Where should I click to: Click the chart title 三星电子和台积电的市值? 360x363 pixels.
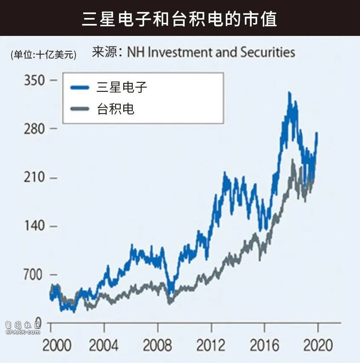tap(180, 19)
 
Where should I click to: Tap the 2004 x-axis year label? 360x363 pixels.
tap(104, 345)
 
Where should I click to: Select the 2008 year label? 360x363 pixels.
tap(157, 345)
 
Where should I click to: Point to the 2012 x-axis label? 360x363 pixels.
tap(211, 345)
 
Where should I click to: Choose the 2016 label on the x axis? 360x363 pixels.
tap(264, 345)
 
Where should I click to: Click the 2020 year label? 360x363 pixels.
tap(318, 345)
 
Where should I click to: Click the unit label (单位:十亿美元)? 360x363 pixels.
tap(44, 55)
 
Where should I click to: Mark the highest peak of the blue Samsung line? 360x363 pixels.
tap(289, 93)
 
